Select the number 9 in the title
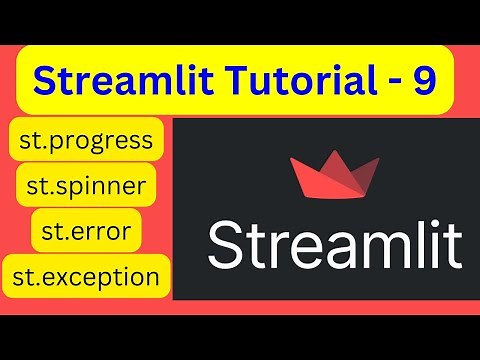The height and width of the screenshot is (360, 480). pos(424,80)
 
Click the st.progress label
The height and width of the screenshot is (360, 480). pos(86,139)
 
